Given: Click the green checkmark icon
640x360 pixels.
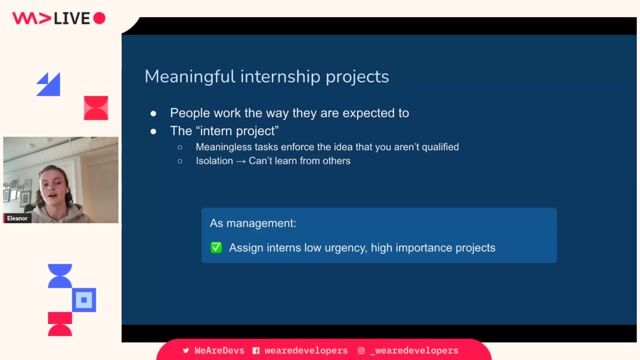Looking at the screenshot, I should (216, 247).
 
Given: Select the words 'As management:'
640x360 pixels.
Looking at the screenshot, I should (253, 223).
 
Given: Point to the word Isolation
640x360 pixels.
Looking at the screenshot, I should (216, 160).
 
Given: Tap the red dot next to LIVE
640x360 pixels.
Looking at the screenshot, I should (99, 17).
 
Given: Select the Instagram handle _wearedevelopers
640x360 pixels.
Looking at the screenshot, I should (413, 351).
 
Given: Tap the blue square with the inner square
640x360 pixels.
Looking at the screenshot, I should (85, 299).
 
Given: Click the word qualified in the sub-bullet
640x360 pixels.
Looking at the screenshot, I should (437, 146).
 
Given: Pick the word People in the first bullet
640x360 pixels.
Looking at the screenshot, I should (191, 113).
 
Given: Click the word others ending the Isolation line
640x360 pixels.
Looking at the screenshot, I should (335, 160).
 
